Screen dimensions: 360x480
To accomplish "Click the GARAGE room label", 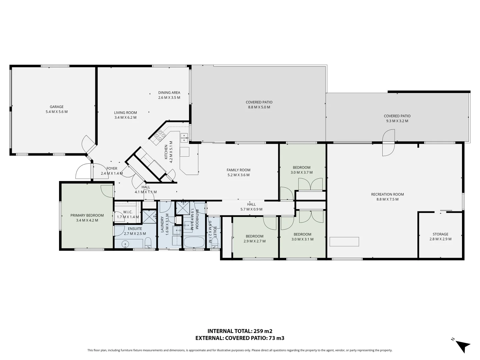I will click(x=56, y=107).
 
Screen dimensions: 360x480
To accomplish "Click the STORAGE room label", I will click(x=440, y=234).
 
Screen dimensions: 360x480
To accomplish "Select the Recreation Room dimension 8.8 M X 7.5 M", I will click(x=387, y=199).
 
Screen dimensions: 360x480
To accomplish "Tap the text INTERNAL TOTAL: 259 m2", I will click(x=240, y=331).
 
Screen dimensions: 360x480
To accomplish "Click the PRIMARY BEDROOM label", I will click(x=87, y=215).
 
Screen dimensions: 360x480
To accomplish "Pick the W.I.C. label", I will click(x=128, y=212).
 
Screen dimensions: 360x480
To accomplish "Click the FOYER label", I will click(x=112, y=168).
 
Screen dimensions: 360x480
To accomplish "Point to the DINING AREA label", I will click(x=169, y=92).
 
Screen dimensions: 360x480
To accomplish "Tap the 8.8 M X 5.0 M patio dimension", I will click(x=259, y=107).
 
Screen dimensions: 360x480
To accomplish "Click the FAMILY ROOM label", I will click(x=238, y=170).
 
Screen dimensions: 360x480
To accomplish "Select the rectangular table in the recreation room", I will click(x=344, y=242).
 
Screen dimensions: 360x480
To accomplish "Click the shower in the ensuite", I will click(x=149, y=216).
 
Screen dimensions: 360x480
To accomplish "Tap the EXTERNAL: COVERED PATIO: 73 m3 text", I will click(x=240, y=338).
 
